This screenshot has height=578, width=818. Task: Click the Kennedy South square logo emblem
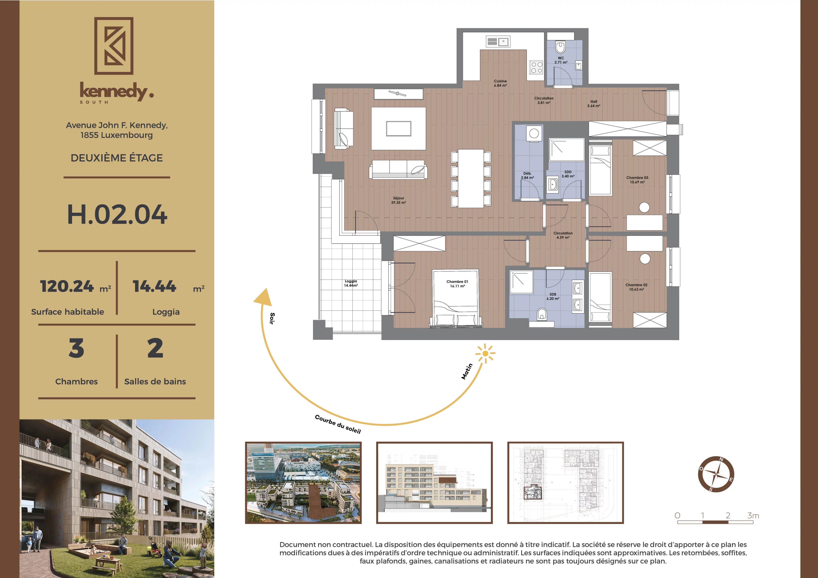114,46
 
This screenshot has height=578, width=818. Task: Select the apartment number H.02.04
117,214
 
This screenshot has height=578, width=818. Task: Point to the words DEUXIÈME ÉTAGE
117,158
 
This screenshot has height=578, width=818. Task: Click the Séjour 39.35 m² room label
398,200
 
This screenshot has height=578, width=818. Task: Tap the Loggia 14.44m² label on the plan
351,283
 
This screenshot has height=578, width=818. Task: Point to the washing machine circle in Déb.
534,134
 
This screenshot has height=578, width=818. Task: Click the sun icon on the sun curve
485,354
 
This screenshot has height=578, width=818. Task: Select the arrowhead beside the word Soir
263,297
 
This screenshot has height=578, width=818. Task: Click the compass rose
716,474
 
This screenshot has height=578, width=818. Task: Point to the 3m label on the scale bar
753,515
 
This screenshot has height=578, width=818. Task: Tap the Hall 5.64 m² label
594,104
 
